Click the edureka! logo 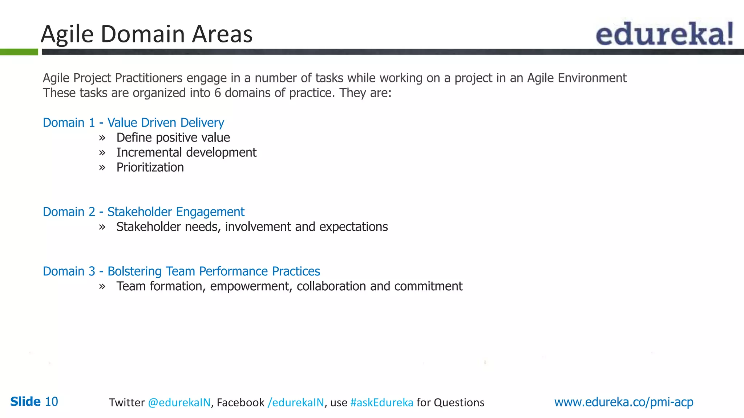coord(664,34)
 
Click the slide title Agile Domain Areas coord(146,34)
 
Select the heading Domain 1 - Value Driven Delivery coord(133,123)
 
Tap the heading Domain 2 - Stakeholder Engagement coord(143,212)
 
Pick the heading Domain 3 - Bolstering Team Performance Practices coord(181,271)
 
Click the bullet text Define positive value coord(173,138)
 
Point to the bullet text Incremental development coord(186,153)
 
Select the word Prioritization coord(150,168)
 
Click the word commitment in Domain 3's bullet coord(428,287)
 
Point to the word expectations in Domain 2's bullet coord(353,227)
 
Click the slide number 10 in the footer coord(51,402)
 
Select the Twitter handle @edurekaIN coord(179,402)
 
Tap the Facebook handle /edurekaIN coord(296,402)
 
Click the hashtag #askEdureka coord(381,402)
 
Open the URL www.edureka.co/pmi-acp coord(623,402)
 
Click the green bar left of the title coord(19,52)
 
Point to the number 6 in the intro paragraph coord(217,93)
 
